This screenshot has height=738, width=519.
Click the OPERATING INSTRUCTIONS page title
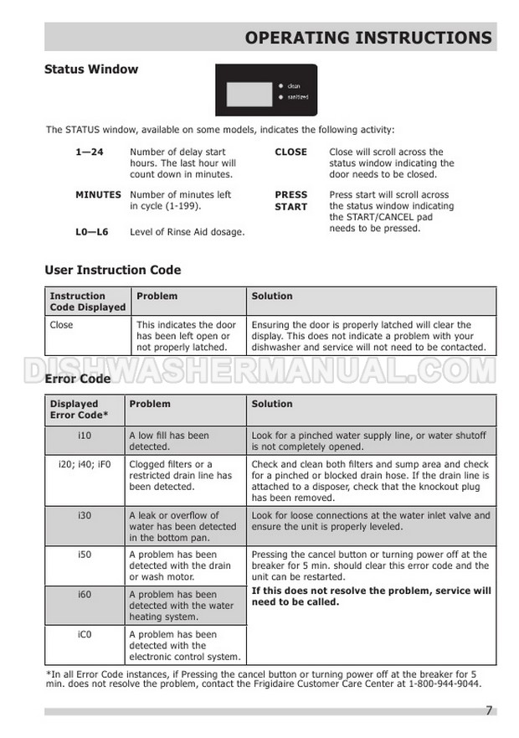coord(368,38)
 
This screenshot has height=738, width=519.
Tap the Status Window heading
coord(90,70)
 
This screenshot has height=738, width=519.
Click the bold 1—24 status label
coord(89,152)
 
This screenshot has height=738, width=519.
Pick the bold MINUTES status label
coord(98,195)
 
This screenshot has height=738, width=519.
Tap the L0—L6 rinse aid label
coord(91,232)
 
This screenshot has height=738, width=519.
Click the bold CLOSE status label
coord(290,152)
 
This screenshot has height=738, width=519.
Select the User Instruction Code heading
coord(112,271)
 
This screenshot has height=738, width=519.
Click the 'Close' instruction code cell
coord(61,325)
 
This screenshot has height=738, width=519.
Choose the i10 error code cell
coord(85,436)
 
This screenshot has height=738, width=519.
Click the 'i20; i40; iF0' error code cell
coord(85,465)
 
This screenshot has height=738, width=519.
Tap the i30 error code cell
coord(85,515)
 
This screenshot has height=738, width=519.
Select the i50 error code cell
coord(85,555)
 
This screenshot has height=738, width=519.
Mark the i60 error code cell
coord(85,594)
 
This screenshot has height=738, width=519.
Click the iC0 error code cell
coord(85,634)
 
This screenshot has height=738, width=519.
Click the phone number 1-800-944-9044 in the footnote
coord(435,684)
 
